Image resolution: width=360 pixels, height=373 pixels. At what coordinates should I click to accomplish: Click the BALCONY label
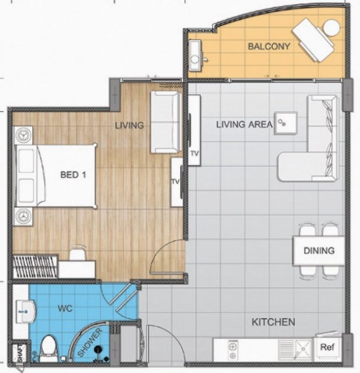pos(269,46)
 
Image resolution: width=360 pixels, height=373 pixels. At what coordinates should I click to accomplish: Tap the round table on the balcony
pos(331,27)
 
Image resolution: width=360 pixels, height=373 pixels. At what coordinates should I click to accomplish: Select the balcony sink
pos(195,56)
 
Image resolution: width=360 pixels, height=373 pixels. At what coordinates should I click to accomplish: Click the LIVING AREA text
pos(244,124)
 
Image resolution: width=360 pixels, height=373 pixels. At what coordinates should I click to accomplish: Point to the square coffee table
pos(286,123)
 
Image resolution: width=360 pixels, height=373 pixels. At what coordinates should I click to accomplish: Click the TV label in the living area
pos(194,154)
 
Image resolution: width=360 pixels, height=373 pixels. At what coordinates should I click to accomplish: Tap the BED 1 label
pos(73,175)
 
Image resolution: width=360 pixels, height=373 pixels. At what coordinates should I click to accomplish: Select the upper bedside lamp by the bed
pos(23,135)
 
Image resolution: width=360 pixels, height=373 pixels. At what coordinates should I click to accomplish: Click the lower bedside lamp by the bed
pos(23,216)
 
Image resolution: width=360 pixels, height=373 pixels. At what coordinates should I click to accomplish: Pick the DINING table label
pos(319,251)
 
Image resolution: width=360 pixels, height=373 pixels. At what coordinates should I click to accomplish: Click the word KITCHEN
pos(274,322)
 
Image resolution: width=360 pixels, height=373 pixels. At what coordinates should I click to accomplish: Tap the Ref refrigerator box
pos(327,347)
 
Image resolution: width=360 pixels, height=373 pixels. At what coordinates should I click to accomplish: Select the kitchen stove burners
pos(233,350)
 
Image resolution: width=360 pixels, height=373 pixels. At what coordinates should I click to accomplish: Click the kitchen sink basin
pos(303,349)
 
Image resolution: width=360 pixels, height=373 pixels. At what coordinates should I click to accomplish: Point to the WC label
pos(65,309)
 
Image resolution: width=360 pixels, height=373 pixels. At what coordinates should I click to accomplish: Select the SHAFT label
pos(20,352)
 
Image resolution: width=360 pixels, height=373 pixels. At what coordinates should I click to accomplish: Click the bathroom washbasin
pos(26,311)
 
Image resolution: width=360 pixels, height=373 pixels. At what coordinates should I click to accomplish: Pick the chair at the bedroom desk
pos(78,253)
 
